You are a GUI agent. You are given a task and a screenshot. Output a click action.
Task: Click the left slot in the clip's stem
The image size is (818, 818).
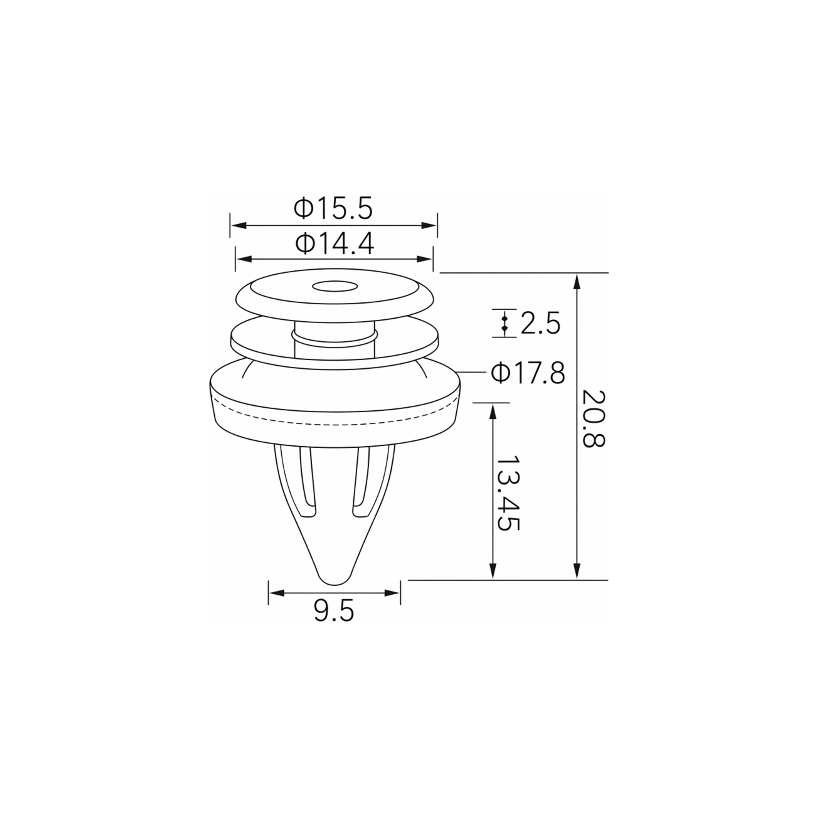pos(308,483)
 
